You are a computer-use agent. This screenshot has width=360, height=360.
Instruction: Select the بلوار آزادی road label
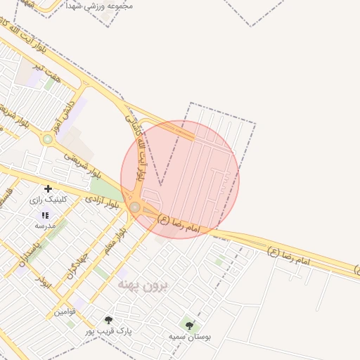[102, 202]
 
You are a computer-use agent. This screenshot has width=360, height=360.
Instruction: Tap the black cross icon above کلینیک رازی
[48, 188]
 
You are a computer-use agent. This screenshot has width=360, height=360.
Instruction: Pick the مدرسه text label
[45, 226]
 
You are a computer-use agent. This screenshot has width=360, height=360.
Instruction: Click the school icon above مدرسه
[45, 215]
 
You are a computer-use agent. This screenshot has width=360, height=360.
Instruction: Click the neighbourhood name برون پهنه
[144, 285]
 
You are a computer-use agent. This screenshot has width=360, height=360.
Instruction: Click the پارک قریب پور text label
[108, 330]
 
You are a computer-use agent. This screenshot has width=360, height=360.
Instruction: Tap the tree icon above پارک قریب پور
[108, 320]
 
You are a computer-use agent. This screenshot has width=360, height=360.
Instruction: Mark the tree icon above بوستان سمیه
[189, 326]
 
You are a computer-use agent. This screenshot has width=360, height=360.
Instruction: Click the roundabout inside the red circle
[134, 207]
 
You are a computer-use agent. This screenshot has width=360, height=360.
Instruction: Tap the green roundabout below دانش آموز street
[47, 139]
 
